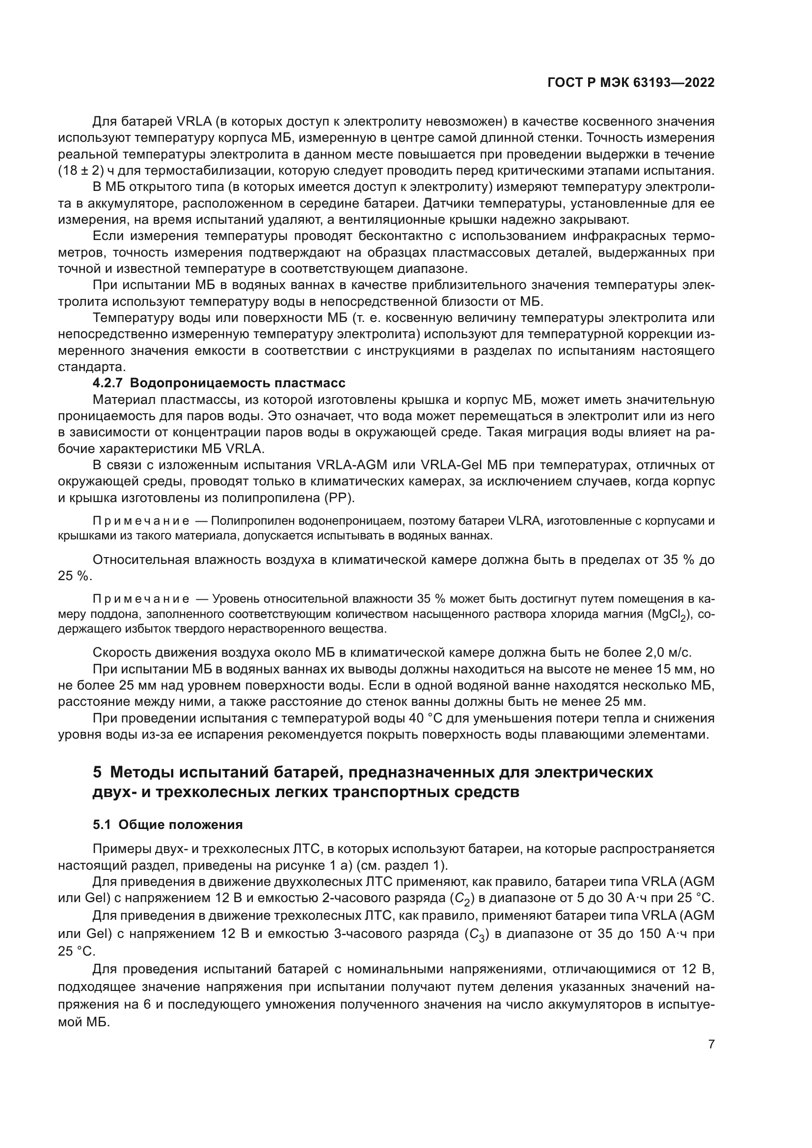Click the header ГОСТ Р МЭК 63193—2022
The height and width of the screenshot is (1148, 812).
[x=631, y=83]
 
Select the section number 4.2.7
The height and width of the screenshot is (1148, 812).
[x=107, y=383]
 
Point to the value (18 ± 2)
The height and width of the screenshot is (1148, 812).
[x=81, y=170]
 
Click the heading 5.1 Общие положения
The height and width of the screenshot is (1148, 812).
[x=167, y=825]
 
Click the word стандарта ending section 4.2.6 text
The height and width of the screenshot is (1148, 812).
[x=90, y=367]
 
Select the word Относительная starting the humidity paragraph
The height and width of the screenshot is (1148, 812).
[x=141, y=560]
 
